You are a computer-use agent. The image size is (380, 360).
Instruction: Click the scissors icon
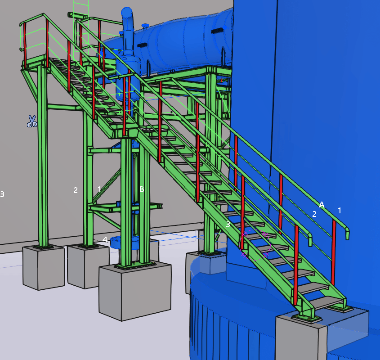point(32,121)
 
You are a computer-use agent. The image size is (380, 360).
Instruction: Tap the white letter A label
point(322,204)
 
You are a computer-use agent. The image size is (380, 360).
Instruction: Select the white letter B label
point(142,189)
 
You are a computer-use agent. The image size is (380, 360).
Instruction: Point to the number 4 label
point(105,240)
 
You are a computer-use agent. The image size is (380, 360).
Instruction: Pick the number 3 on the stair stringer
point(228,225)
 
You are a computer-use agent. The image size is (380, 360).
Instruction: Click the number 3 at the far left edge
point(2,194)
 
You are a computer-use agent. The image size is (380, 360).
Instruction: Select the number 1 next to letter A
point(340,210)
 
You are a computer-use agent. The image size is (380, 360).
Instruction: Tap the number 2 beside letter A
point(314,214)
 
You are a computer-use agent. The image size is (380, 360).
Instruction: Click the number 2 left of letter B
point(76,190)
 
